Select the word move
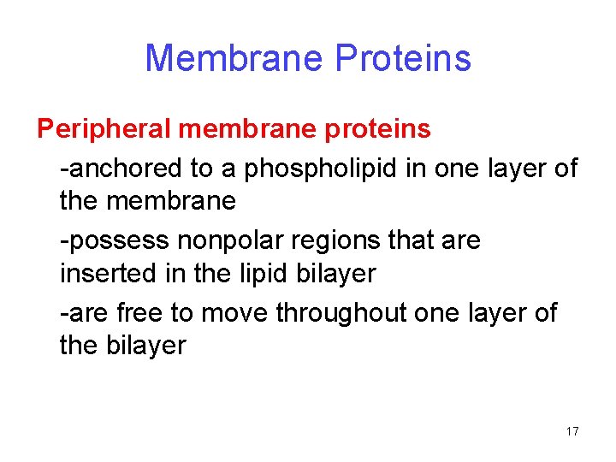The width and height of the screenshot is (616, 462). coord(235,313)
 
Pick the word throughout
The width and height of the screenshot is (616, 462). coord(341,313)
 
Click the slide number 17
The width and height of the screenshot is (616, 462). coord(572,431)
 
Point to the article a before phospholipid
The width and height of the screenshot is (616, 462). coord(228,169)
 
